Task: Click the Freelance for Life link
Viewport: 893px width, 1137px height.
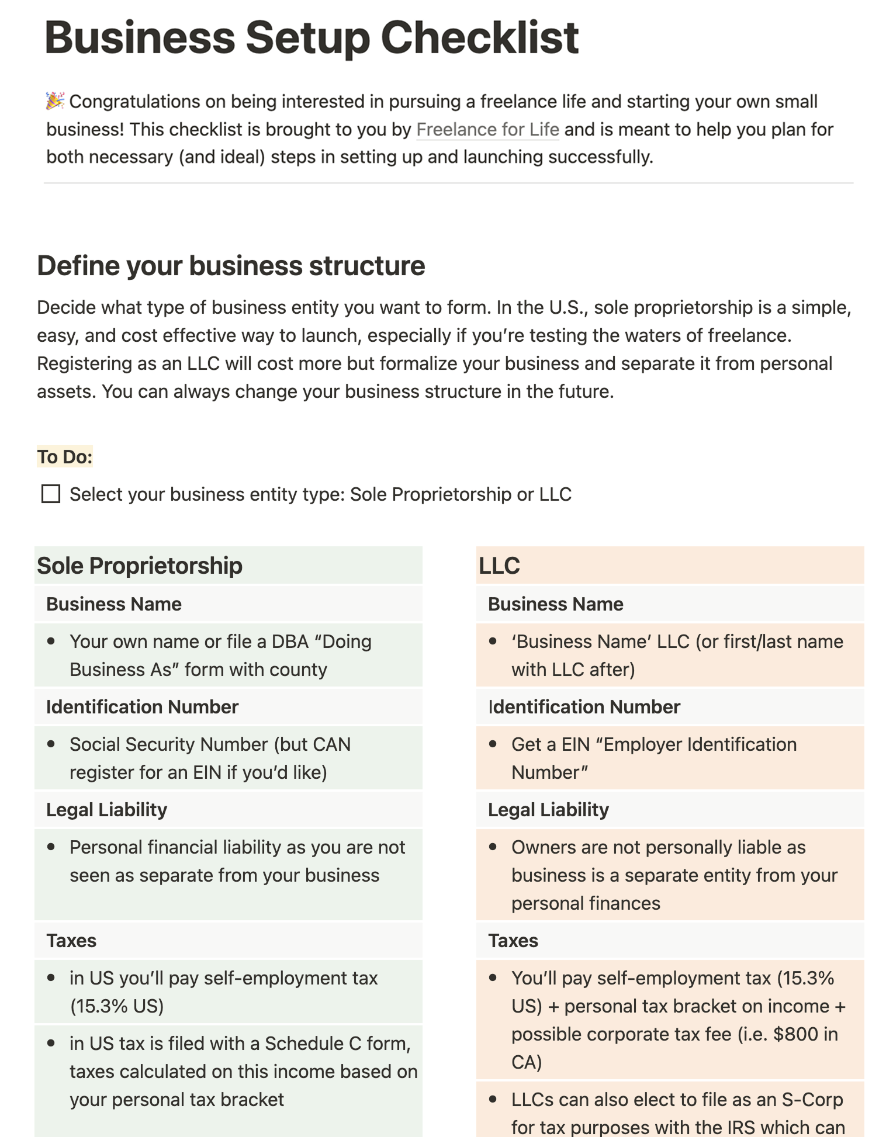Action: click(487, 129)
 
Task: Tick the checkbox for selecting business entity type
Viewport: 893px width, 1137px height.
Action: click(51, 494)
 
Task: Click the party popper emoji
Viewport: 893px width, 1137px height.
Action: click(55, 100)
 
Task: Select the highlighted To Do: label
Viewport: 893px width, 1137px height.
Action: click(65, 456)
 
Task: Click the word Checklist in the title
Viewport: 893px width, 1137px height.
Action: click(479, 38)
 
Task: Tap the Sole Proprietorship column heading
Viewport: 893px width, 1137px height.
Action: click(140, 566)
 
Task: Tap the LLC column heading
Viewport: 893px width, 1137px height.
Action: click(499, 566)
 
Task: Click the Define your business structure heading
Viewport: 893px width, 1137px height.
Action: click(231, 266)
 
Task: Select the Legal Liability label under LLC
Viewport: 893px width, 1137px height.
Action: click(548, 809)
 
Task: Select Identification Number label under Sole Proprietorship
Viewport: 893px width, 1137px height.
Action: click(142, 706)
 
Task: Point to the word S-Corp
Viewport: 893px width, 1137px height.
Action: click(812, 1099)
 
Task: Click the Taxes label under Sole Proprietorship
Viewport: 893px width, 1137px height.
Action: click(71, 940)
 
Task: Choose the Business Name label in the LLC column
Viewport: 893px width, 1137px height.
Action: click(555, 604)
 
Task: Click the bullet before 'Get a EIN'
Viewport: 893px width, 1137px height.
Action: click(493, 744)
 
